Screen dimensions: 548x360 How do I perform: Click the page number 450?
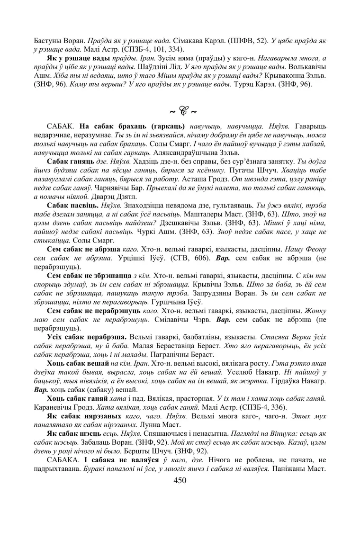180,480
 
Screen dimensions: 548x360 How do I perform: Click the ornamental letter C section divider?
180,112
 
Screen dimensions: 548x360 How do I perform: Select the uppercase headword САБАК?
61,127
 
